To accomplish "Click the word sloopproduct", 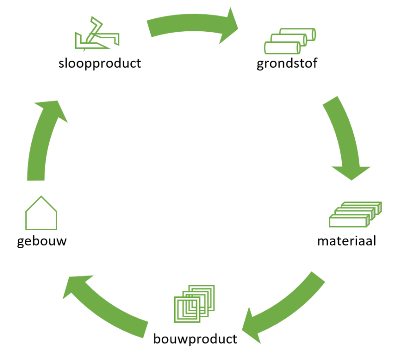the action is (x=100, y=64).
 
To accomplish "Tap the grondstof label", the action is (x=287, y=64).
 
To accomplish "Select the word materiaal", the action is (x=347, y=241).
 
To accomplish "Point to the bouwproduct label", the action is (x=195, y=339).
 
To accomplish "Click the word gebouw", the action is (x=42, y=241).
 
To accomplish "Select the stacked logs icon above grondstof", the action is (x=290, y=41).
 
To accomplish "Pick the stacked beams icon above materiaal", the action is (x=355, y=214).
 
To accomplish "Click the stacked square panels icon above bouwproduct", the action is (x=195, y=304).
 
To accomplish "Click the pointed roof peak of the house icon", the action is (x=41, y=196).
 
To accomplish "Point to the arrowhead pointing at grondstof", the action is (x=228, y=26).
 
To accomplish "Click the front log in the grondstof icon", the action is (x=282, y=48).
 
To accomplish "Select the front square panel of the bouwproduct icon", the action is (x=187, y=309).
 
